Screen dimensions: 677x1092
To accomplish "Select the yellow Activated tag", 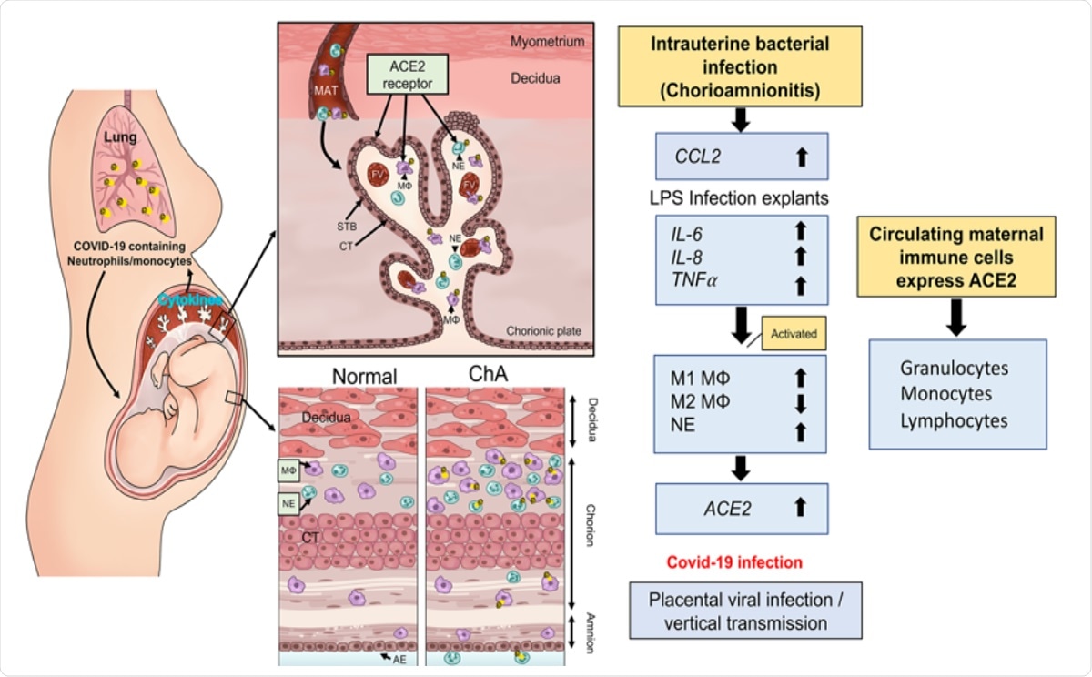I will pyautogui.click(x=793, y=334).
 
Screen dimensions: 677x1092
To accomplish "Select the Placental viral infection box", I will pyautogui.click(x=744, y=611).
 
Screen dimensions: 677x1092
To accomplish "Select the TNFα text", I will pyautogui.click(x=692, y=284).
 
